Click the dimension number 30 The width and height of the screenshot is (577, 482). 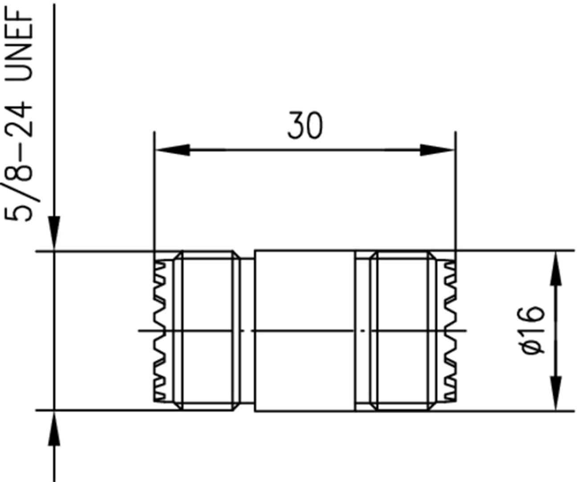[305, 126]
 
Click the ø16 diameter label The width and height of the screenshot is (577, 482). [533, 330]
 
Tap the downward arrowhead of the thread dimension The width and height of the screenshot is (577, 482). [54, 232]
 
